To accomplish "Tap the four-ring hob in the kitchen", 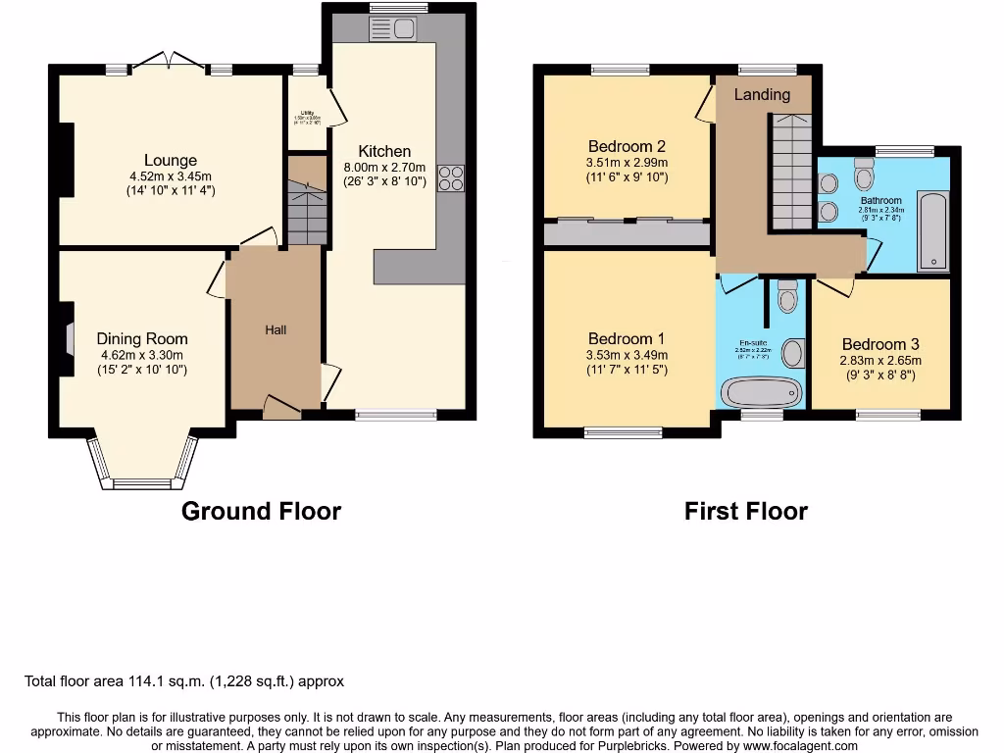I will pos(451,178).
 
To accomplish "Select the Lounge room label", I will pos(171,161).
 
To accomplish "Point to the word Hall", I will pos(276,330).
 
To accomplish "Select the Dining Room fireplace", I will pos(68,339).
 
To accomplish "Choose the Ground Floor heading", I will pos(261,511).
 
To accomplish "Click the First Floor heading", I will pos(745,511).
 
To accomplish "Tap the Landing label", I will pos(762,94).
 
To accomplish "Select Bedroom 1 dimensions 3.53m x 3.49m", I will pos(626,355).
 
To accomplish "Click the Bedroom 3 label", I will pos(880,344).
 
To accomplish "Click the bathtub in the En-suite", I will pos(761,391).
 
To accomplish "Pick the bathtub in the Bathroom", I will pos(932,231).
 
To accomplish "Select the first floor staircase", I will pos(789,172).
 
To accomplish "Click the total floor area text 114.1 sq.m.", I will pos(184,680).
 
